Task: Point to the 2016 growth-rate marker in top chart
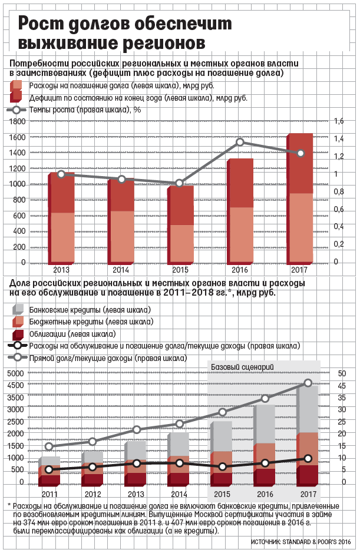click(240, 142)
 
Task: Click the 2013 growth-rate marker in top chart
click(61, 174)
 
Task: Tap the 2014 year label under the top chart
click(121, 270)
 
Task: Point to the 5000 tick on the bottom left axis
click(15, 373)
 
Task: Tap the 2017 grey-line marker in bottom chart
click(308, 383)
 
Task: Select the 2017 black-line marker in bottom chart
click(308, 458)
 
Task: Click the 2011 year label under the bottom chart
click(49, 494)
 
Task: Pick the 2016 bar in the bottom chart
click(265, 445)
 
